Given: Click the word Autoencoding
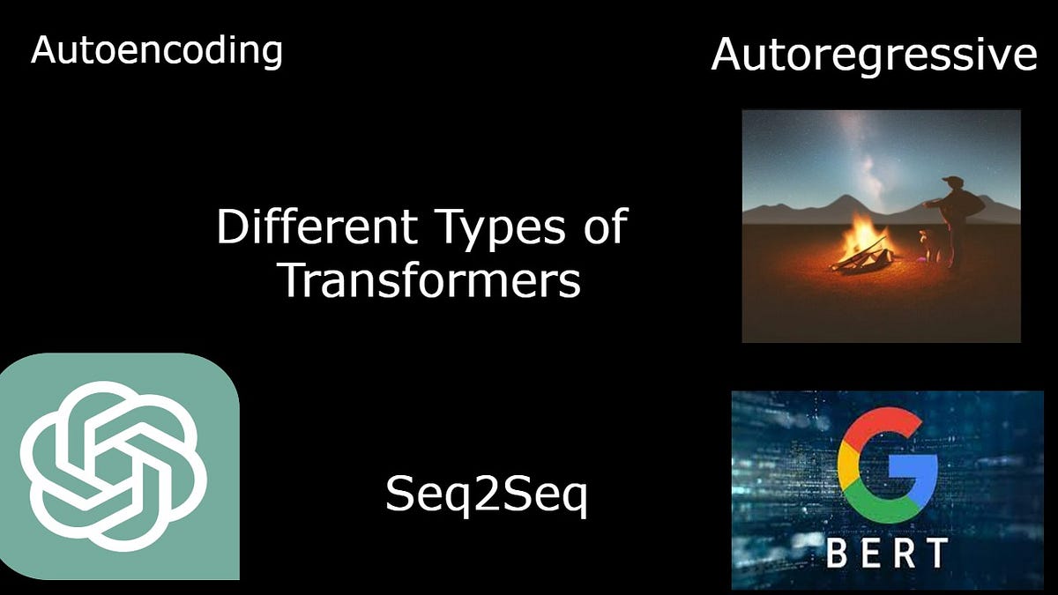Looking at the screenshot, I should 156,50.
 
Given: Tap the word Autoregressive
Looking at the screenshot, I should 874,55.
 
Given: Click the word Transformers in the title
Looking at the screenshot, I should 429,280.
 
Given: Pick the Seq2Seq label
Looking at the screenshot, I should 486,495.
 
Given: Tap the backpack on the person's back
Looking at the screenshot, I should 972,205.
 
